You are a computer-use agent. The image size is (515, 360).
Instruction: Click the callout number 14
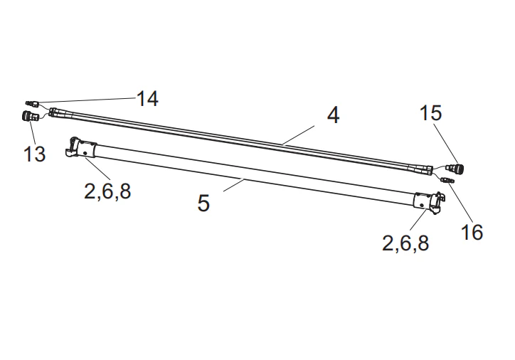pos(147,99)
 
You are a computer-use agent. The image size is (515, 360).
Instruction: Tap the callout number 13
pos(34,154)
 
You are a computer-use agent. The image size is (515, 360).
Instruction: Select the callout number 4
pos(334,115)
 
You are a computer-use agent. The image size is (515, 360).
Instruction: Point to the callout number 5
pos(203,203)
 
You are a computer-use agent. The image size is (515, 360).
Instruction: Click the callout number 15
pos(431,112)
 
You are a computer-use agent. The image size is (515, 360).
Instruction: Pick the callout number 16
pos(472,232)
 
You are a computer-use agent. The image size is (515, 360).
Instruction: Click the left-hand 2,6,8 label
pos(107,191)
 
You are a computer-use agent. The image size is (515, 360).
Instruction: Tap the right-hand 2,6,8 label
pos(405,243)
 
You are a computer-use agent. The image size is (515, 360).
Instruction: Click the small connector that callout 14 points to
pos(33,104)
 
